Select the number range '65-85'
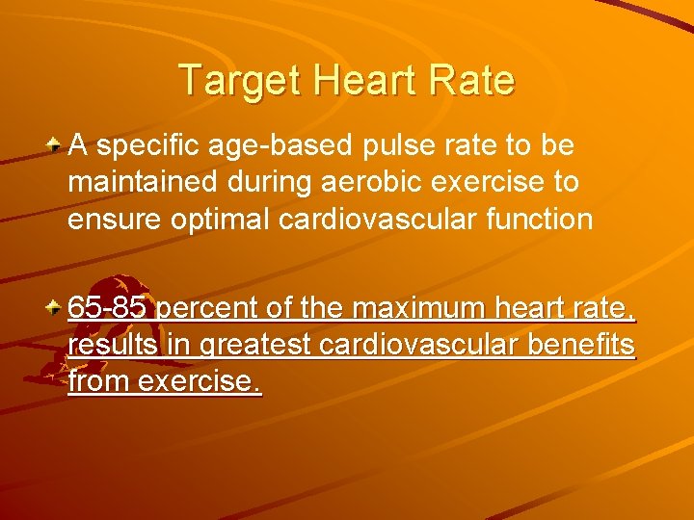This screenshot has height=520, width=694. (x=107, y=309)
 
